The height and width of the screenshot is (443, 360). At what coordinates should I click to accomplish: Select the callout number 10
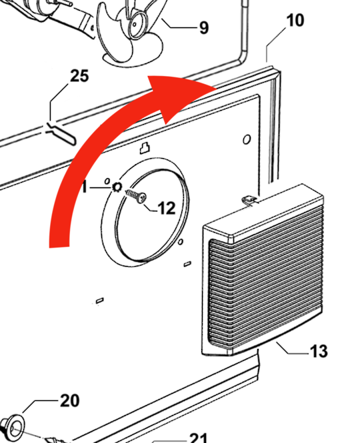click(295, 20)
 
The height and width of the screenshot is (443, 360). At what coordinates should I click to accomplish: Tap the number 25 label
click(78, 76)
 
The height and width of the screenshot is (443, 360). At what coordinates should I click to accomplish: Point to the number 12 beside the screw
click(165, 208)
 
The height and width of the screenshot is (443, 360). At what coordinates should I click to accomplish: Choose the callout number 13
click(319, 350)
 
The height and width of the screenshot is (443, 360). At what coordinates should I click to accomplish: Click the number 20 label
click(69, 400)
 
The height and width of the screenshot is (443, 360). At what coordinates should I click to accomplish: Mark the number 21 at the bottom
click(198, 438)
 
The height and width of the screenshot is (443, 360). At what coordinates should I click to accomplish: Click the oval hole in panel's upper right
click(247, 139)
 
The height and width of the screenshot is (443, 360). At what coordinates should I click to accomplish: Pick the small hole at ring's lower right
click(181, 241)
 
